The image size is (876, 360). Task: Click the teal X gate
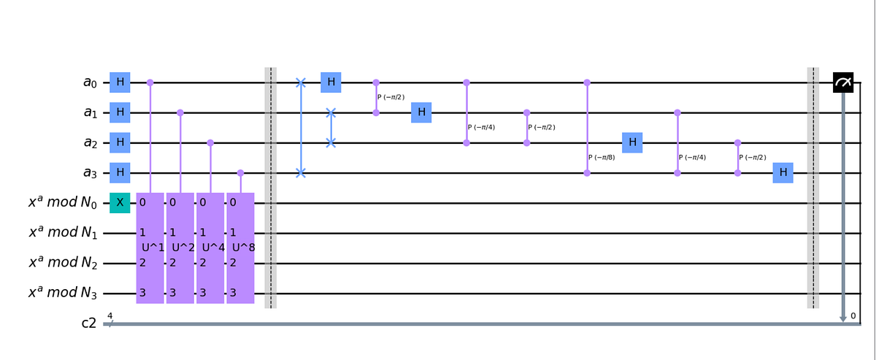[x=120, y=203]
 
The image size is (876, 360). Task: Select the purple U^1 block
[x=150, y=248]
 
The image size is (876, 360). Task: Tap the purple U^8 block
[x=240, y=248]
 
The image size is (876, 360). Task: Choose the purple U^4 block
[x=210, y=248]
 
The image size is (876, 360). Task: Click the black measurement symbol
[x=843, y=83]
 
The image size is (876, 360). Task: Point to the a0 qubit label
[x=90, y=83]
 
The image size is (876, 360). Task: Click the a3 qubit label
[x=90, y=173]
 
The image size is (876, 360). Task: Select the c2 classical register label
[x=89, y=323]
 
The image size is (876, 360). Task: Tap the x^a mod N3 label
[x=63, y=293]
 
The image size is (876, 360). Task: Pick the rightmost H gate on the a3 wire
[x=783, y=173]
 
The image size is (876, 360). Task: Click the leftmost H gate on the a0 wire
[x=120, y=83]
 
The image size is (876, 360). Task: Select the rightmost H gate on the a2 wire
[x=632, y=143]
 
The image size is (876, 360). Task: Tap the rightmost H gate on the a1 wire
[x=421, y=113]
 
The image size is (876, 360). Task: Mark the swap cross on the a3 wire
[x=300, y=173]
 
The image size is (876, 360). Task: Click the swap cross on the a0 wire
[x=300, y=83]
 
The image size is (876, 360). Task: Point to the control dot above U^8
[x=240, y=173]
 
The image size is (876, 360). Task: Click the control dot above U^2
[x=180, y=113]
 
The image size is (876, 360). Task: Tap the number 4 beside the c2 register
[x=110, y=315]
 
